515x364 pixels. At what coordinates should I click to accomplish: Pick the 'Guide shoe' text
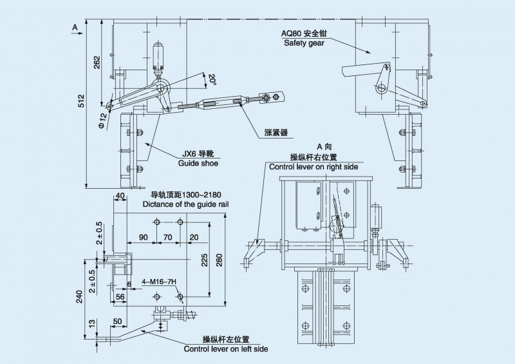(197, 164)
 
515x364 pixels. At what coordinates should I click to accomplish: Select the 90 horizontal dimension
(143, 237)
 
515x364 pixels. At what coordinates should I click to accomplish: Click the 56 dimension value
(119, 296)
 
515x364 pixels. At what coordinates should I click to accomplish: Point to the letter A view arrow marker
(75, 27)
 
